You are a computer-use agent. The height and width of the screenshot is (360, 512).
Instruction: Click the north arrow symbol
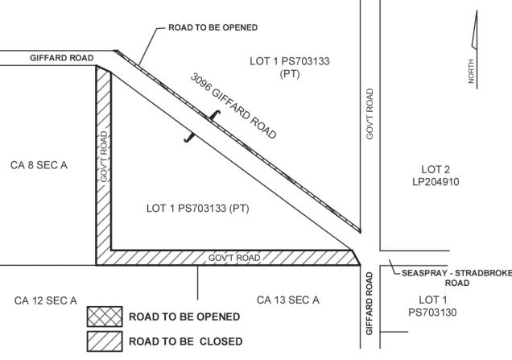point(474,48)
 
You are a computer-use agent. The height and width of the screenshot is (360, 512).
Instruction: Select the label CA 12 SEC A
point(46,300)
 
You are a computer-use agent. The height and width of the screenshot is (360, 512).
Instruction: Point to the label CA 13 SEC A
point(287,300)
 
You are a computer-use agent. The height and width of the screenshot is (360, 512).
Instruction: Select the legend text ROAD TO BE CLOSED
point(185,341)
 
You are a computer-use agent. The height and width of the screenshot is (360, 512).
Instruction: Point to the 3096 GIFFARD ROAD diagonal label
point(233,106)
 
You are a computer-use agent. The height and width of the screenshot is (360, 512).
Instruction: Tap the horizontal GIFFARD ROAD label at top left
point(62,58)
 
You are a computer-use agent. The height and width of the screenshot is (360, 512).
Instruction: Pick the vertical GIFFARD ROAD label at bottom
point(370,304)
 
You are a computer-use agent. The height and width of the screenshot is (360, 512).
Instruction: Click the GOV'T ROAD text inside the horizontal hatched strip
point(234,258)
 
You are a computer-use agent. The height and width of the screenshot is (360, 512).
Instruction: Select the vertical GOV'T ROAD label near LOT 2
point(370,114)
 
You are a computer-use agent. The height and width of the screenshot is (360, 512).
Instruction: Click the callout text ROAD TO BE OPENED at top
point(213,27)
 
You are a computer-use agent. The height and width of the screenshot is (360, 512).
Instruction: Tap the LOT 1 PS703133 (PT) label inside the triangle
point(198,208)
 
